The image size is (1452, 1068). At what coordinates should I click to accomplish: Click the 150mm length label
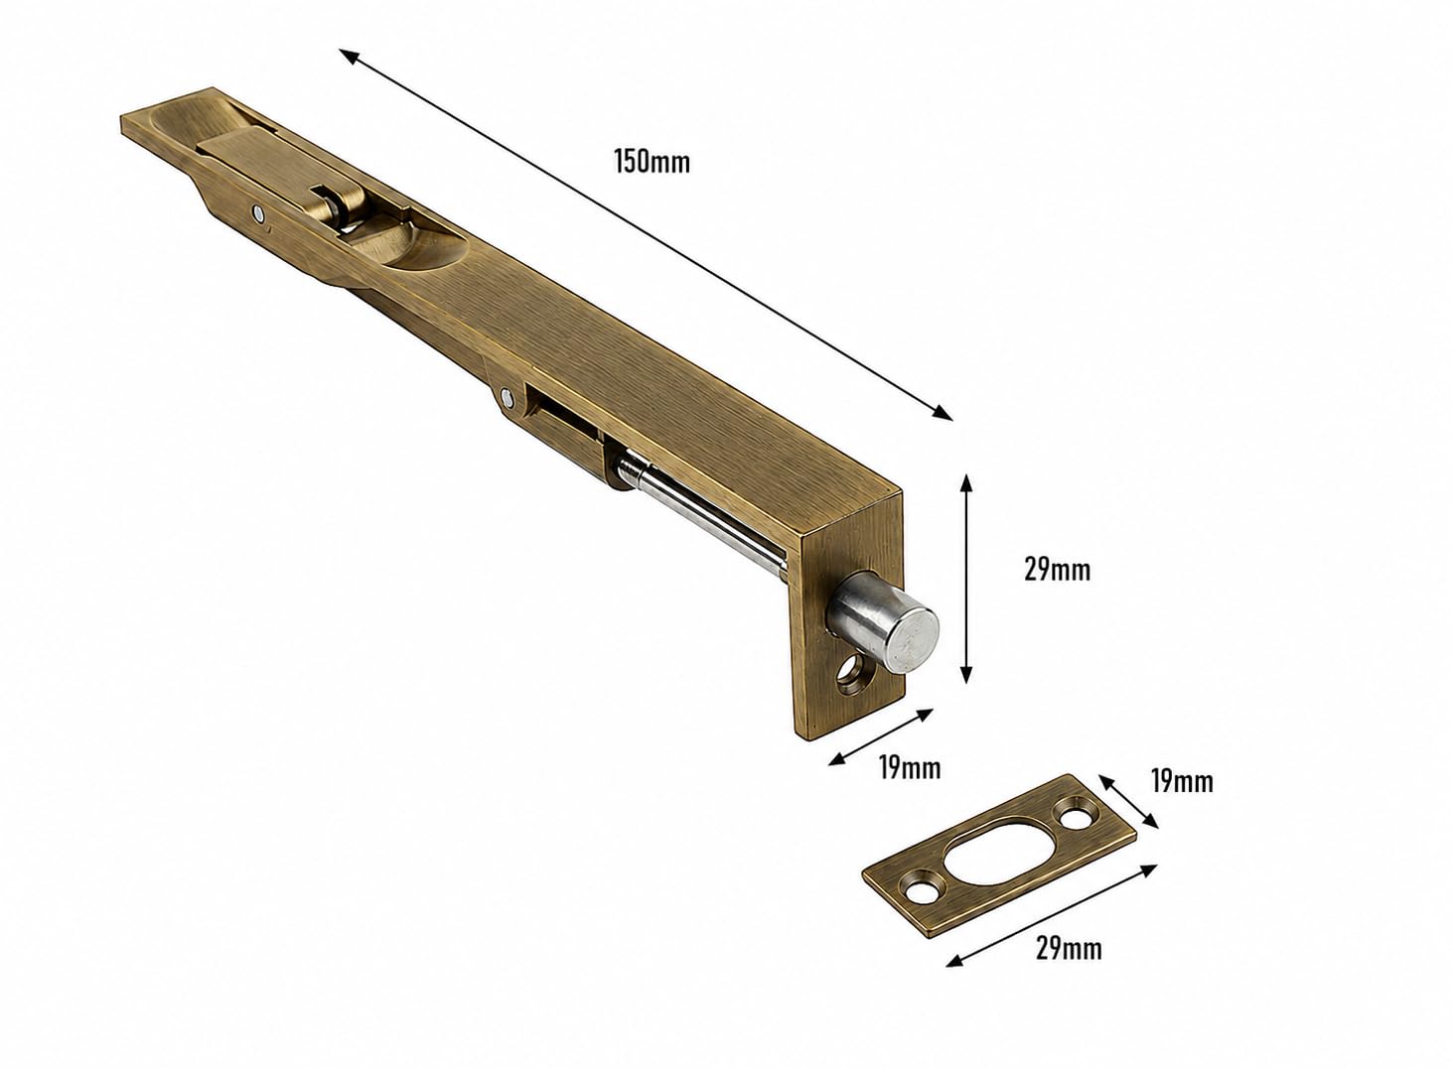pos(653,162)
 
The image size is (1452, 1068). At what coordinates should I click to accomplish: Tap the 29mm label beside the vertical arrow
pos(1058,570)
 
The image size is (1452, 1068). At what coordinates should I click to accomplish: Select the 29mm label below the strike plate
pos(1069,949)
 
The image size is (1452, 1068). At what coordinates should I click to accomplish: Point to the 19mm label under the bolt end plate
pos(910,768)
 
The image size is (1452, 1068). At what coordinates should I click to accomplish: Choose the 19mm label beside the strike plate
pos(1182,782)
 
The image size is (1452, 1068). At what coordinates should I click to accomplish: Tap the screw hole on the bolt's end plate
pos(851,677)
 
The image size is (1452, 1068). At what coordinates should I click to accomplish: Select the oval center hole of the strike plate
pos(1000,852)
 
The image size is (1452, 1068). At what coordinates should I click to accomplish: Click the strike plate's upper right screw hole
pos(1076,817)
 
